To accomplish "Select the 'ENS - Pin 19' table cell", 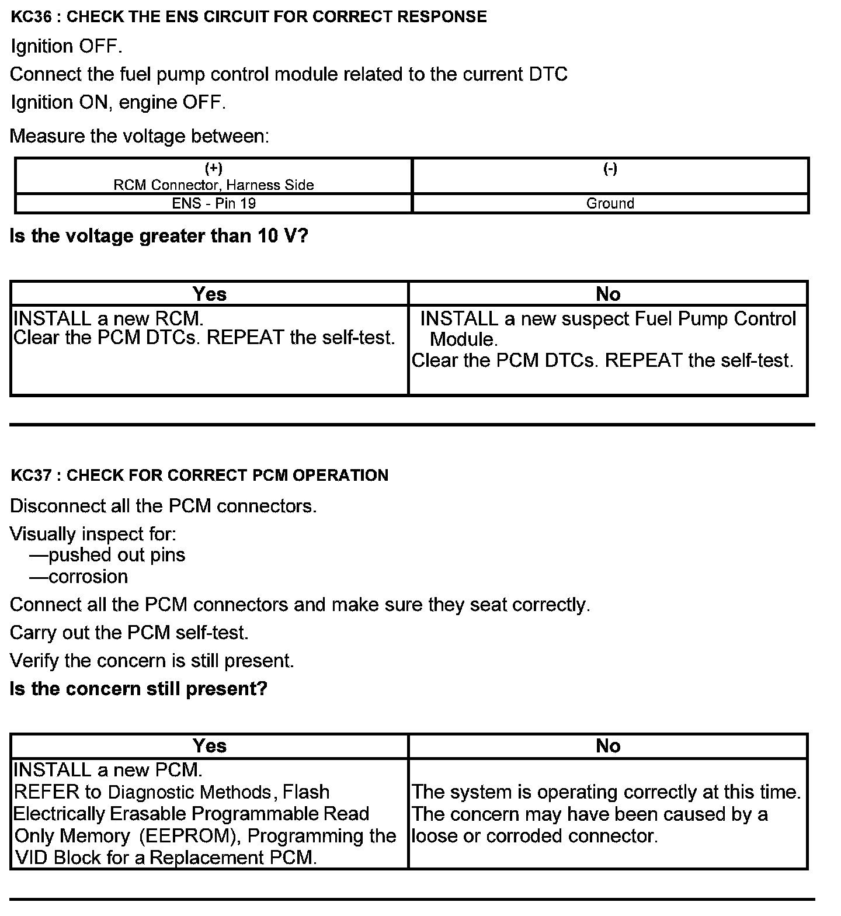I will tap(214, 203).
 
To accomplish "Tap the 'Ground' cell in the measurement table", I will tap(610, 203).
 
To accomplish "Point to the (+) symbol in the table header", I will tap(214, 169).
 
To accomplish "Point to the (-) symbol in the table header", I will tap(610, 169).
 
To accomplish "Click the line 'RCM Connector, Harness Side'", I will tap(214, 185).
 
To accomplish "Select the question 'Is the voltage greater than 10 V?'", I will tap(159, 236).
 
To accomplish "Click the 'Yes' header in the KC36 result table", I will tap(209, 294).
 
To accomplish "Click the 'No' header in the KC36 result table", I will tap(608, 294).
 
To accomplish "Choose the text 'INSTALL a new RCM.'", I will tap(109, 319).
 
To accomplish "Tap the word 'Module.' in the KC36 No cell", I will tap(464, 339).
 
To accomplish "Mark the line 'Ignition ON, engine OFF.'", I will tap(118, 103).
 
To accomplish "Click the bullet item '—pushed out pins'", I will tap(107, 555).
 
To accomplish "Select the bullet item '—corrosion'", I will tap(79, 577).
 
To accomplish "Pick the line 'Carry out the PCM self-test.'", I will tap(129, 633).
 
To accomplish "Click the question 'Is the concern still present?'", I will tap(138, 689).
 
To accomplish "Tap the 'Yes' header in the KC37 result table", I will tap(209, 746).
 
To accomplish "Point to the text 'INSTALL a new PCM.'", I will tap(108, 770).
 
